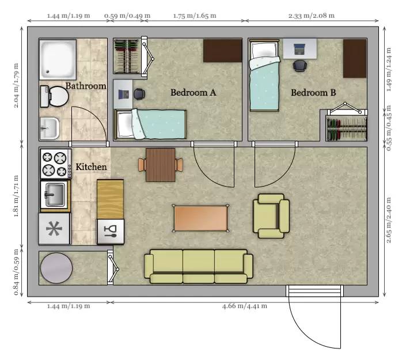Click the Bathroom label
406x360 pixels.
click(x=86, y=86)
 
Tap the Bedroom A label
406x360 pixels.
click(x=193, y=93)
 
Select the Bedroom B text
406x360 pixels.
click(x=313, y=93)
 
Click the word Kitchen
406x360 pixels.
click(x=91, y=167)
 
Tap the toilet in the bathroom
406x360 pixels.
click(x=54, y=96)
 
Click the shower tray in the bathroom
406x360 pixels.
click(x=58, y=59)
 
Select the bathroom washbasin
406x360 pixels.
click(x=50, y=128)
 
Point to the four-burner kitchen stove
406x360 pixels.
click(x=56, y=164)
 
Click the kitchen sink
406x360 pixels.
click(x=54, y=195)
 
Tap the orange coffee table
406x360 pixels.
click(x=200, y=218)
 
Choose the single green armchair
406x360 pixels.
click(x=271, y=216)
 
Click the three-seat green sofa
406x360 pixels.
click(x=199, y=266)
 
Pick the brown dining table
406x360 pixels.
click(x=161, y=165)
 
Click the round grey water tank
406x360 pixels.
click(x=56, y=268)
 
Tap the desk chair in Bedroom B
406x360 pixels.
click(x=300, y=66)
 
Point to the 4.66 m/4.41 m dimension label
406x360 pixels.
click(x=244, y=306)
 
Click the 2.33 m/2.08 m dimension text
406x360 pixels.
click(x=312, y=16)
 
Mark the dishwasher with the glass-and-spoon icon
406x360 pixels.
click(x=111, y=232)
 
